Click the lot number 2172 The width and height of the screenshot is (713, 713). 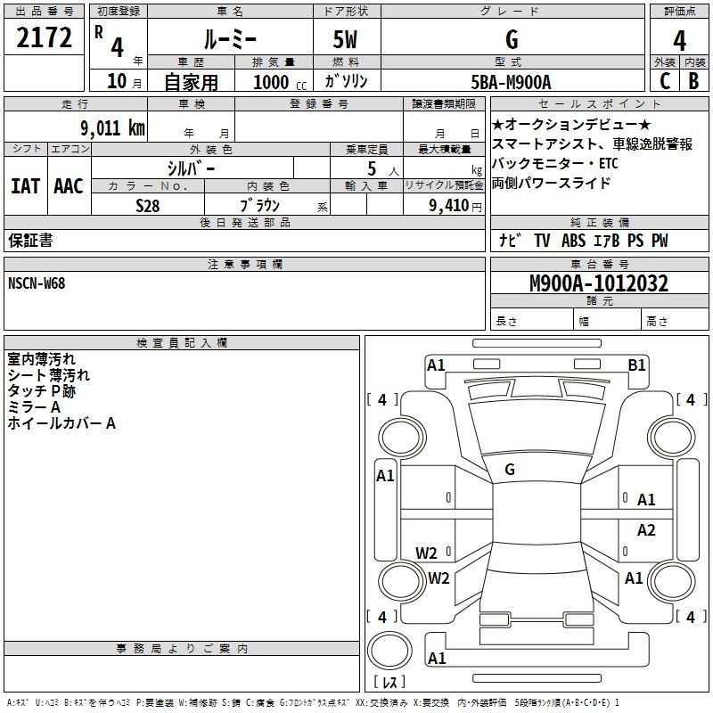coord(44,37)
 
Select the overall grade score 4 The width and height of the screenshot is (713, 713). coord(679,40)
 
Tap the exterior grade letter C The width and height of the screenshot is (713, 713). coord(665,81)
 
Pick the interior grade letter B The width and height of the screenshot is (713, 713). coord(693,81)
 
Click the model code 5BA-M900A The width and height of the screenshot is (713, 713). coord(511,82)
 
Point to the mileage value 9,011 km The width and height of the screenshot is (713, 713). coord(113,127)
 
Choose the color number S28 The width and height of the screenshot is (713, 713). coord(148,206)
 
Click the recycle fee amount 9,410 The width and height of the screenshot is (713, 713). coord(449,205)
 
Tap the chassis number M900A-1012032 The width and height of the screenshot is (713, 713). coord(599,283)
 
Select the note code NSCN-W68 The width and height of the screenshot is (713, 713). coord(37,283)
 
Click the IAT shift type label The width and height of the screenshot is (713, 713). coord(26,186)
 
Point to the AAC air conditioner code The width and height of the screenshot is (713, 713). coord(69,186)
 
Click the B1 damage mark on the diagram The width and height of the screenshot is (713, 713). coord(636,365)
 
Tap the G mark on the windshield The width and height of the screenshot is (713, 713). coord(510,470)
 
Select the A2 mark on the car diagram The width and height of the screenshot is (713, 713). coord(646,529)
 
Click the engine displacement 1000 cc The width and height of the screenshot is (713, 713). coord(280,82)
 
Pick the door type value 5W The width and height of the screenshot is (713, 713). coord(345,39)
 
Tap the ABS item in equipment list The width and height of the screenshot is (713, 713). coord(573,241)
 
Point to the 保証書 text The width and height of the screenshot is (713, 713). coord(30,240)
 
